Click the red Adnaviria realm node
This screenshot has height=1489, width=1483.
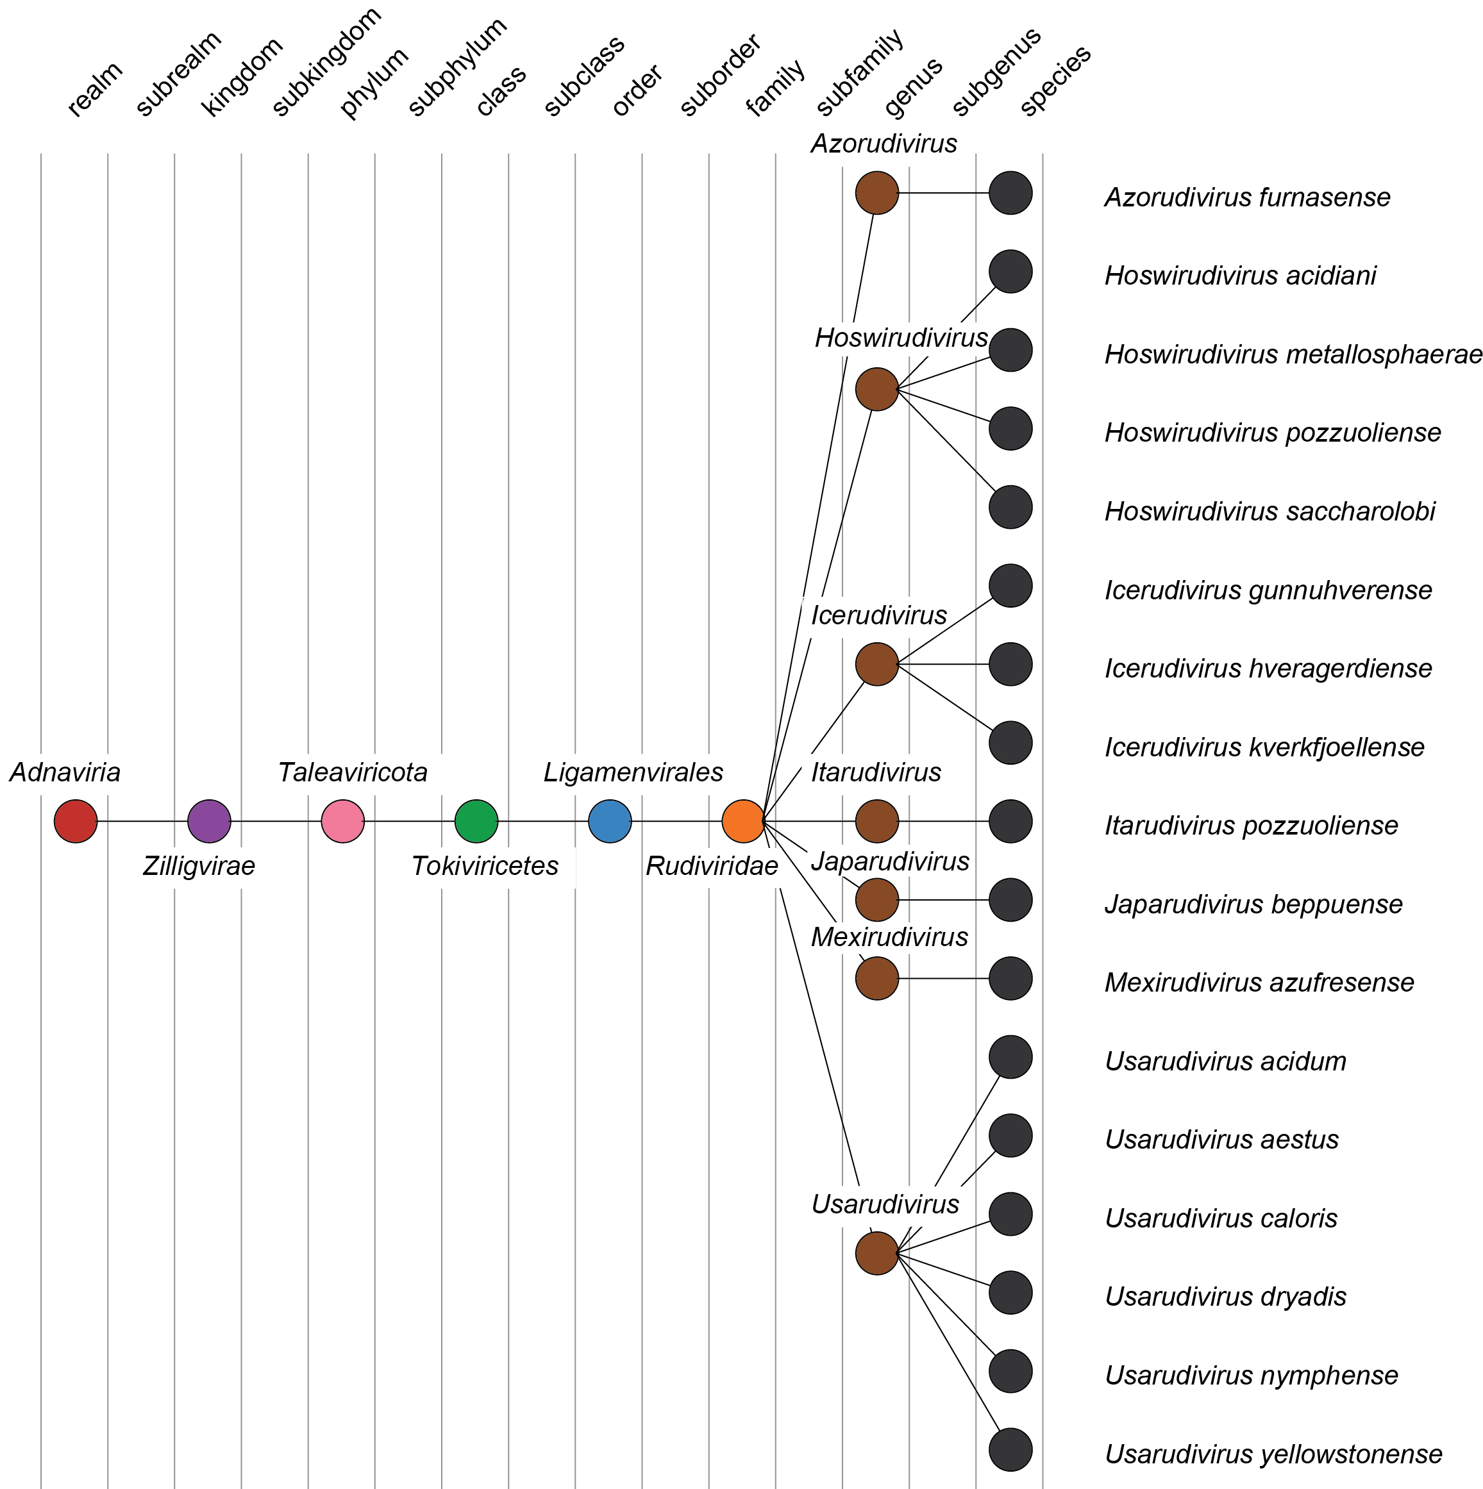pyautogui.click(x=76, y=822)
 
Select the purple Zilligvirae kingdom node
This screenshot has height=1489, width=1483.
pyautogui.click(x=209, y=822)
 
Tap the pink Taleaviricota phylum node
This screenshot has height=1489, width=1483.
pyautogui.click(x=342, y=822)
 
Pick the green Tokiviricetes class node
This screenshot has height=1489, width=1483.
pyautogui.click(x=476, y=822)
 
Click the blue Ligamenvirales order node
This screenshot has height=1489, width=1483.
pyautogui.click(x=610, y=822)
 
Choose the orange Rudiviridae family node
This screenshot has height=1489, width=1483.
pyautogui.click(x=743, y=822)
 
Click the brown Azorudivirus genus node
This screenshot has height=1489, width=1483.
pyautogui.click(x=877, y=193)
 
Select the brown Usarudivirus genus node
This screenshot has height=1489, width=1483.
pyautogui.click(x=877, y=1253)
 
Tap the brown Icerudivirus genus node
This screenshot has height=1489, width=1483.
pyautogui.click(x=877, y=664)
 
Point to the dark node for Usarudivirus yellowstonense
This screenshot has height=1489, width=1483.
pyautogui.click(x=1010, y=1450)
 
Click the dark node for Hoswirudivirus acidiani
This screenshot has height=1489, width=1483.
pyautogui.click(x=1010, y=271)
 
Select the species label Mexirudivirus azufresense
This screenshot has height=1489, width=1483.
pyautogui.click(x=1259, y=983)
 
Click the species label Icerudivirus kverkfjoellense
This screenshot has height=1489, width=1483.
pyautogui.click(x=1264, y=747)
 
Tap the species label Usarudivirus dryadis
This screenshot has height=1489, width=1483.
pyautogui.click(x=1225, y=1296)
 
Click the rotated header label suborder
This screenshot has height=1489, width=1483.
pyautogui.click(x=720, y=76)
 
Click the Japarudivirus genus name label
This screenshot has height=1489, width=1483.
pyautogui.click(x=889, y=861)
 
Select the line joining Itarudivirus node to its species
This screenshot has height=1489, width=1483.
pyautogui.click(x=944, y=822)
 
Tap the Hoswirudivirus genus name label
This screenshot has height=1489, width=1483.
pyautogui.click(x=900, y=338)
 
